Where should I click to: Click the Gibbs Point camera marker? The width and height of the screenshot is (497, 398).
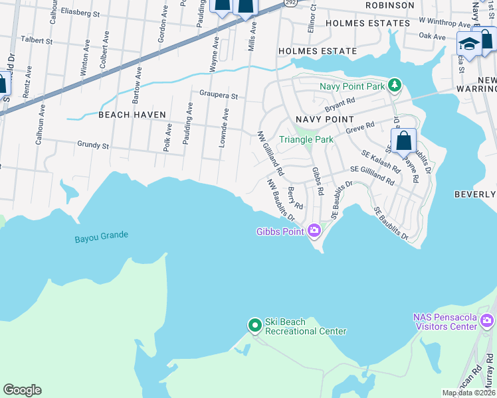314,231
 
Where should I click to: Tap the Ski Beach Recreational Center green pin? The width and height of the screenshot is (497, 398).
254,325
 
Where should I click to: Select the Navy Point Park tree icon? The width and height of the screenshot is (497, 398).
395,86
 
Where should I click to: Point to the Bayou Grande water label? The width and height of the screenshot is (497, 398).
102,235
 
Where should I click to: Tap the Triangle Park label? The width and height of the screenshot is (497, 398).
306,139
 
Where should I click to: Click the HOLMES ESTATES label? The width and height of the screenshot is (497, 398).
367,23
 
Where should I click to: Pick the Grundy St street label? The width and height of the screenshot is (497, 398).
93,145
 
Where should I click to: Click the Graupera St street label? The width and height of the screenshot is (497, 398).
215,96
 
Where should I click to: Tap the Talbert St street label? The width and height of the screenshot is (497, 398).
37,40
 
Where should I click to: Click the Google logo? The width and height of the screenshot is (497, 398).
22,390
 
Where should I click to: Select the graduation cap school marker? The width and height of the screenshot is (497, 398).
469,44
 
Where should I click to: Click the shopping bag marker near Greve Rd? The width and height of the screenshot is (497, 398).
403,141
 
